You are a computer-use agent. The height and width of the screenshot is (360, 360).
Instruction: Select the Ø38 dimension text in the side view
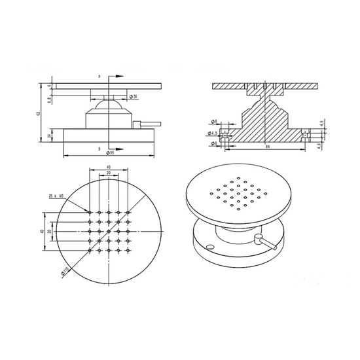(134, 97)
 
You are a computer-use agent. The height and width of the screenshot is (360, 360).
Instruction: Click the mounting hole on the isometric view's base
(211, 247)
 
